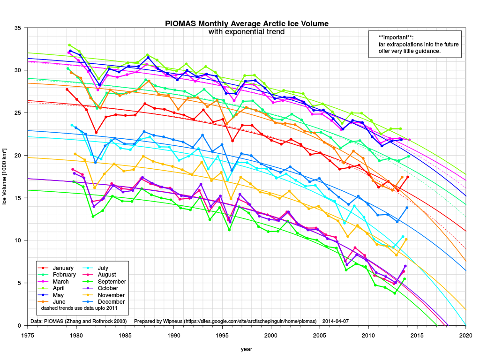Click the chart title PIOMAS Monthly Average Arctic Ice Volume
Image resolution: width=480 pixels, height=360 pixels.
pos(247,24)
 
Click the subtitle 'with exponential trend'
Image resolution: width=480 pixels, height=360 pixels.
pos(247,32)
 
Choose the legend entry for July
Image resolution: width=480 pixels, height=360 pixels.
pos(106,268)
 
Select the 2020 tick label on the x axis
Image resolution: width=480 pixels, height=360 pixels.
pos(465,336)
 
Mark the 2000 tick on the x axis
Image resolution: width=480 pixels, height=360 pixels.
pos(271,336)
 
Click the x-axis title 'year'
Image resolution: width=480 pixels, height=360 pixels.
pos(247,349)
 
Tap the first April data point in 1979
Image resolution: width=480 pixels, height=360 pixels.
pos(69,45)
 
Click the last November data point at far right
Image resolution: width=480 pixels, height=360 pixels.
pos(406,239)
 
